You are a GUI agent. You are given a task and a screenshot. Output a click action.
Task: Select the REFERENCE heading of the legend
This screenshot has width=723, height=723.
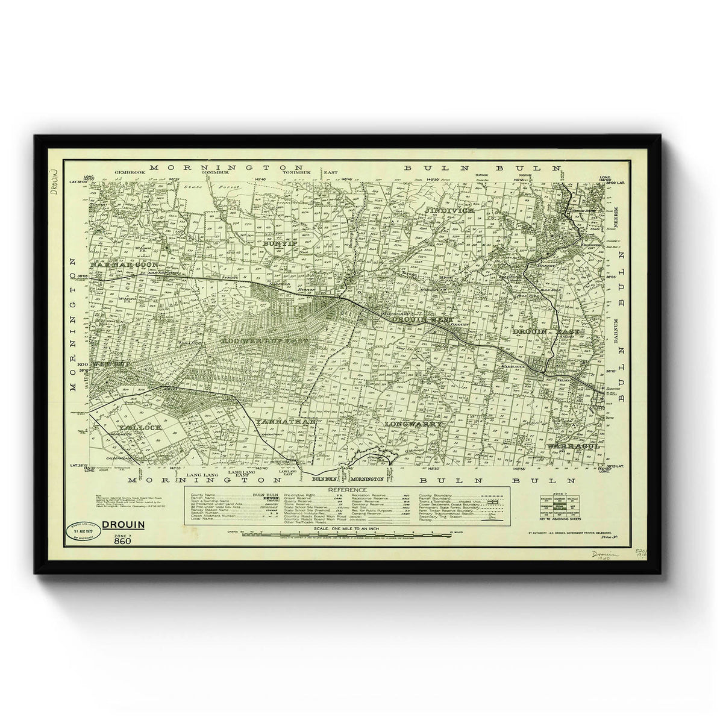[x=346, y=490]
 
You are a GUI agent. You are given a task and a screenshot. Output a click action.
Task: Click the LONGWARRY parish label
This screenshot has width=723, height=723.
[x=415, y=424]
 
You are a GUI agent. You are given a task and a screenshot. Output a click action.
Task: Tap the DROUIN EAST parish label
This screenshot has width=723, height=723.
[x=546, y=331]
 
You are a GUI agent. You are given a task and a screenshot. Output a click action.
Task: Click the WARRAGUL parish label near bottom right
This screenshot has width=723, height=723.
[x=572, y=446]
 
